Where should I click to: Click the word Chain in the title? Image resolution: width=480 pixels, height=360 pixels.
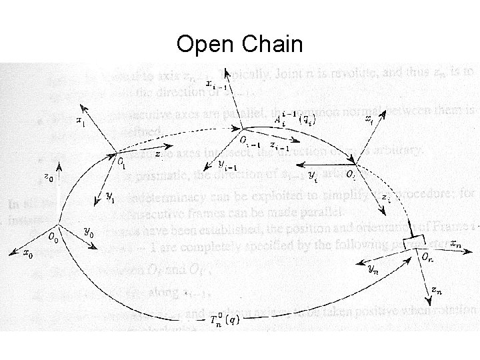(x=272, y=45)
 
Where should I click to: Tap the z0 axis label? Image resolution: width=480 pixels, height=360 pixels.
(x=49, y=178)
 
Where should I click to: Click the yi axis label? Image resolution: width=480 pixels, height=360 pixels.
(x=312, y=174)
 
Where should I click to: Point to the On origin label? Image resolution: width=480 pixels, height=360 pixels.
(x=426, y=255)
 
